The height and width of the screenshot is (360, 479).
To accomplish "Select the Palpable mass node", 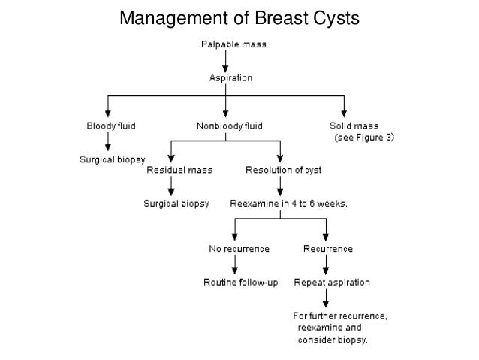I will point(232,44).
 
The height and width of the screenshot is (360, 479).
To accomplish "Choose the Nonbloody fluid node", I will point(230,125).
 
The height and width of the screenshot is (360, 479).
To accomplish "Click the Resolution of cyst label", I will point(284,170).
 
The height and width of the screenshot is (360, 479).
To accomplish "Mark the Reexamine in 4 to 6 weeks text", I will point(282,204).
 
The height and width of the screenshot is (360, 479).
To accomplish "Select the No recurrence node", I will point(236,248).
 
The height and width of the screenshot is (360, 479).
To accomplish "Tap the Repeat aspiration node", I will point(327,283).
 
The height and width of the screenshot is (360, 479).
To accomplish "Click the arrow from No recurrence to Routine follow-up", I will point(235,265).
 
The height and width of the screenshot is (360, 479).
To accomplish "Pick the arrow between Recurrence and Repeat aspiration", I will point(326,265).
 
